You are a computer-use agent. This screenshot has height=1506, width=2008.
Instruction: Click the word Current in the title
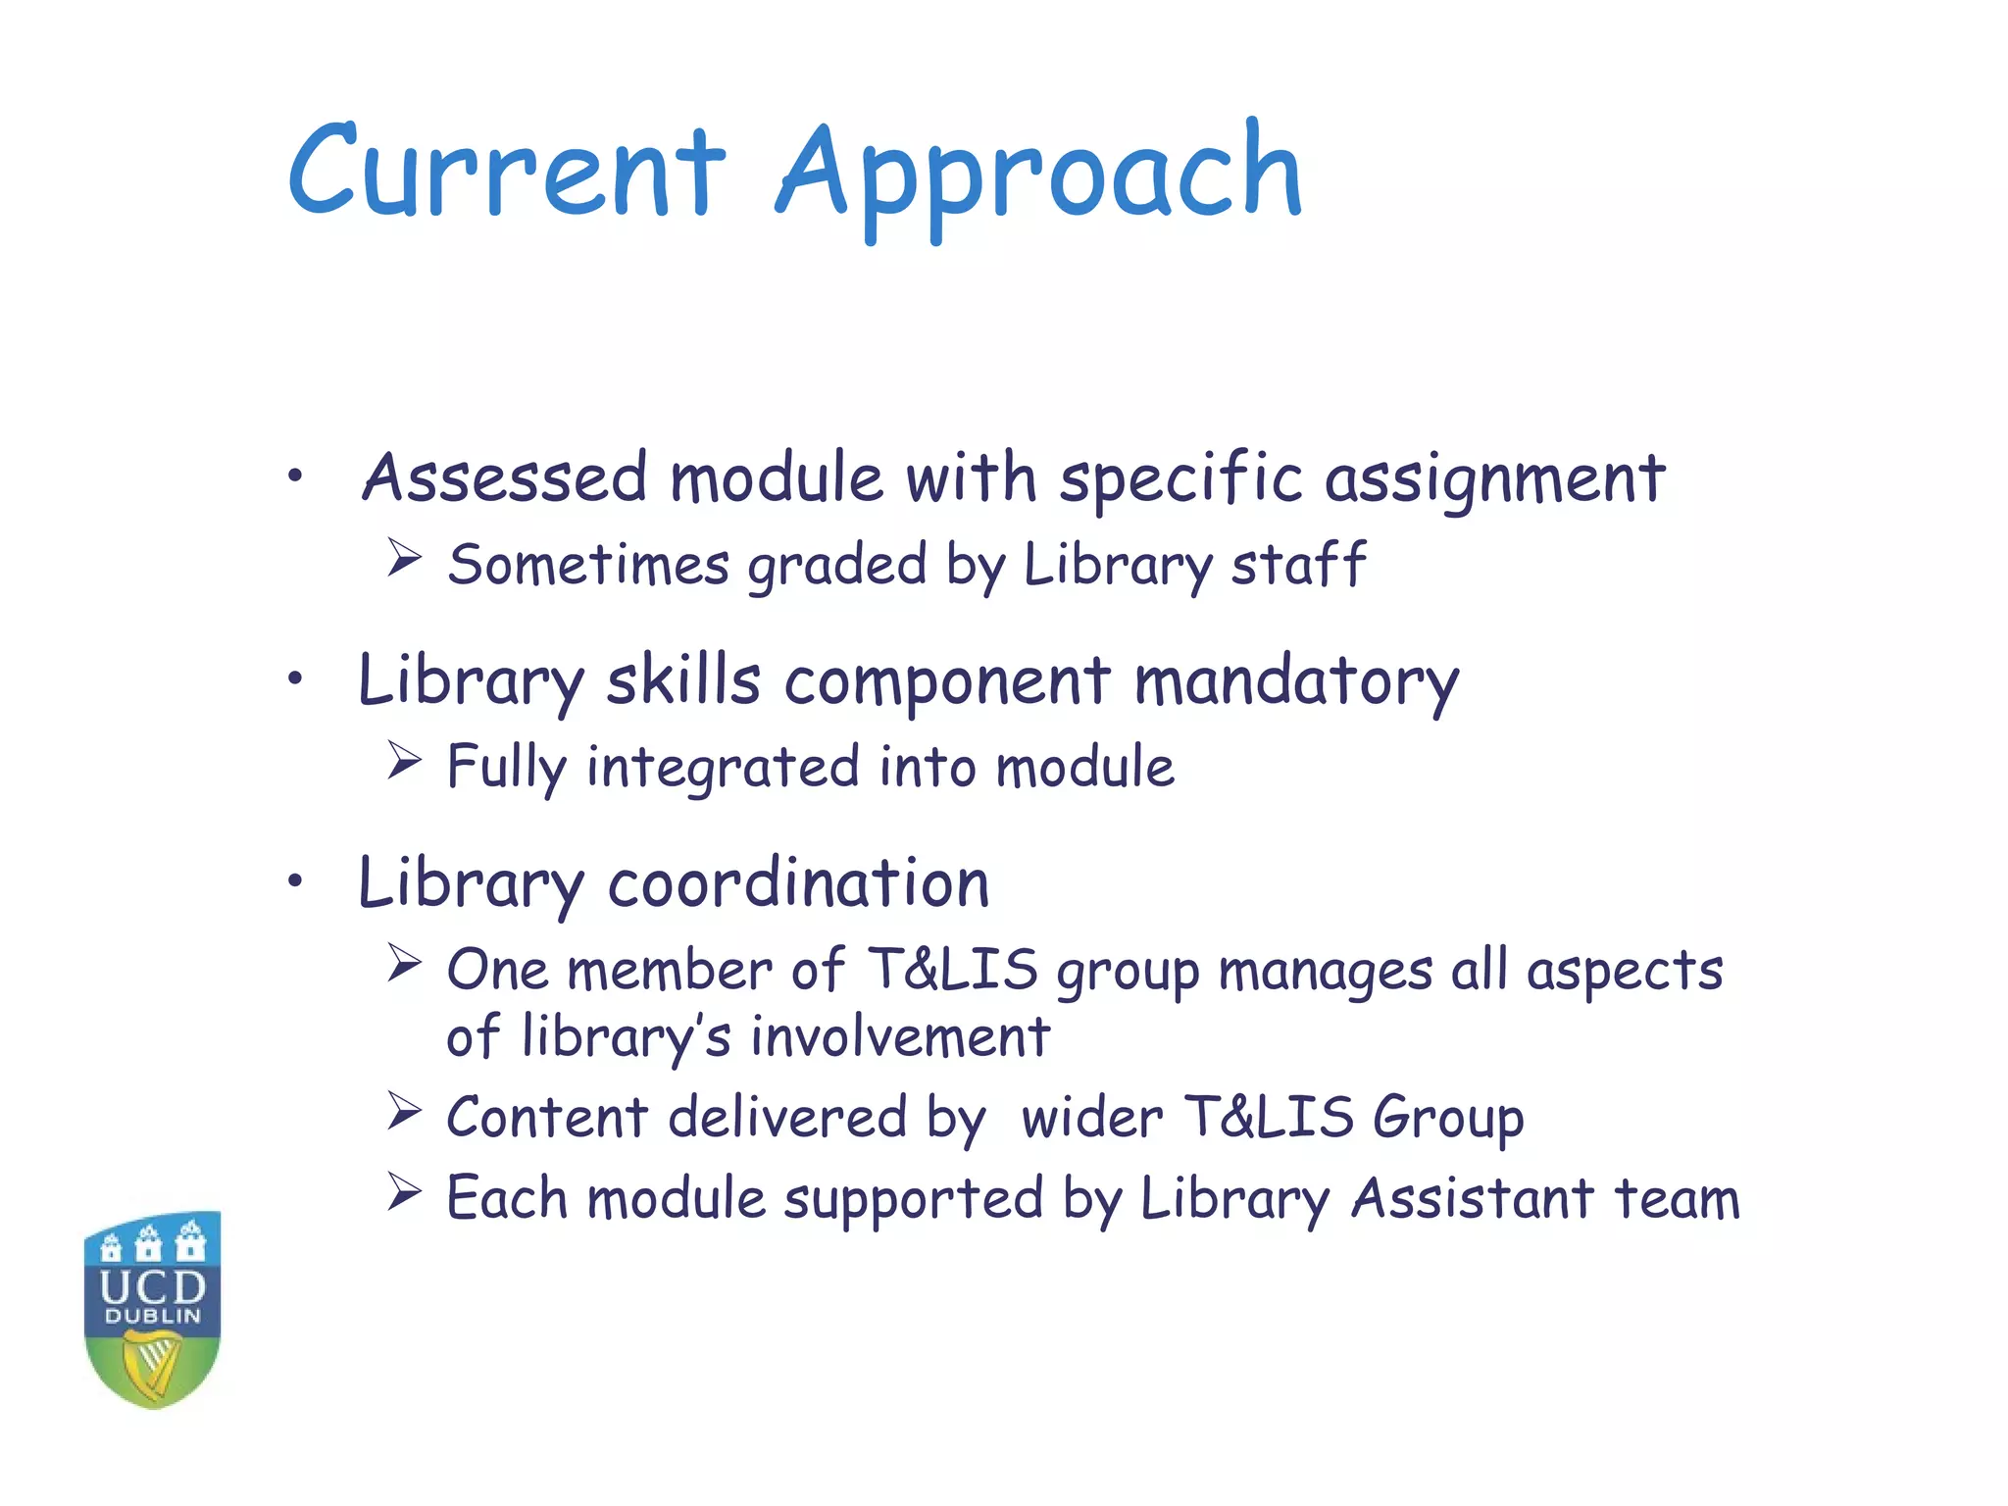pos(506,173)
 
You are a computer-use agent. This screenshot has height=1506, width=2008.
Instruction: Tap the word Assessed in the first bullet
pos(505,478)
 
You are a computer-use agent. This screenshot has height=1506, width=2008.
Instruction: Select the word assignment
pos(1495,480)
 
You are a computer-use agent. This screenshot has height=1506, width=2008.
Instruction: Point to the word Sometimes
pos(588,566)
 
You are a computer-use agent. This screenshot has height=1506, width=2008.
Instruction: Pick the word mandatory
pos(1296,682)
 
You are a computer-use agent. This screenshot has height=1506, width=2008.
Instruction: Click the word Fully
pos(506,768)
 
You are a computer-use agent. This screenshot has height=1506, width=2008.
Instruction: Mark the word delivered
pos(787,1118)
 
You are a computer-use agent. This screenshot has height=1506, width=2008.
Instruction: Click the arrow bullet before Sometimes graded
pos(404,558)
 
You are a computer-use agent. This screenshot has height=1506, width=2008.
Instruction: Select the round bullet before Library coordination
pos(295,880)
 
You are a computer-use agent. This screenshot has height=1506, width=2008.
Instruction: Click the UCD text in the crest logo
pos(153,1286)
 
